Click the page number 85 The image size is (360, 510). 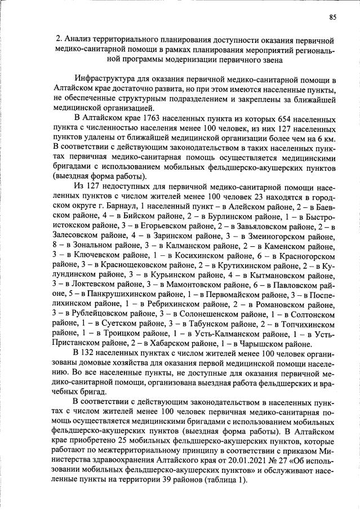tap(332, 17)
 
